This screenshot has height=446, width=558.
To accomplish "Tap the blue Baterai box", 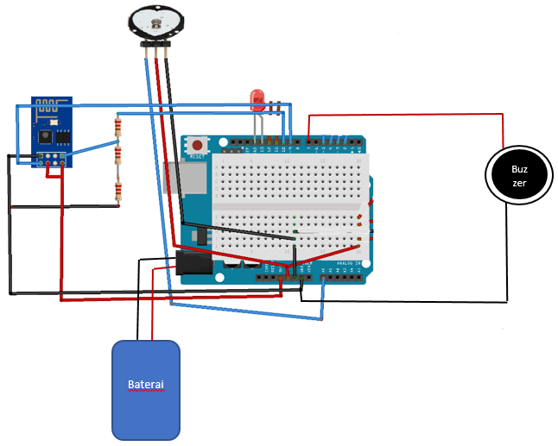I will tap(146, 389).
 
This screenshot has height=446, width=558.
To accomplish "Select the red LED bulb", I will tap(257, 101).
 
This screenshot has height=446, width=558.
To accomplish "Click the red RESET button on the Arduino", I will tap(198, 147).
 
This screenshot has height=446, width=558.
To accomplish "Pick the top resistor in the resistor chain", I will tap(117, 129).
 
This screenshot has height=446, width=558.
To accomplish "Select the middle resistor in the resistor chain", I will tap(118, 157).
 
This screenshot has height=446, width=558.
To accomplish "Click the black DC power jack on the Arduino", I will tap(192, 262).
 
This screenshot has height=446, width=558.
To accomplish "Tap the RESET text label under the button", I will tap(198, 158).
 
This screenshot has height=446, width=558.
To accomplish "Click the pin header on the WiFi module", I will tap(49, 158).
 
